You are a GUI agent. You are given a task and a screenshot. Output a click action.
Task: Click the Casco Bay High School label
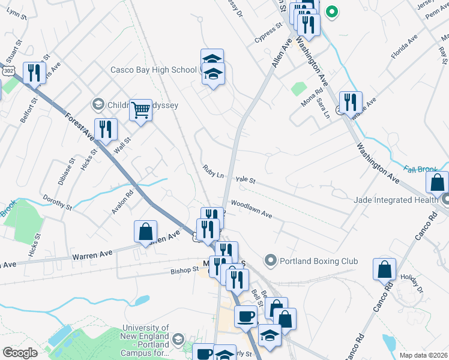(x=154, y=70)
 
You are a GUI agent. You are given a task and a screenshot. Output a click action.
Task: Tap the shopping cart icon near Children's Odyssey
(x=140, y=110)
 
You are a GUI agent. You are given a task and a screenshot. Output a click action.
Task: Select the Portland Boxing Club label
(x=318, y=261)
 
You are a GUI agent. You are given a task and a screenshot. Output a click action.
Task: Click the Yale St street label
(x=246, y=179)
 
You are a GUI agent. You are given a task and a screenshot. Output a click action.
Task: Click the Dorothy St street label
(x=57, y=202)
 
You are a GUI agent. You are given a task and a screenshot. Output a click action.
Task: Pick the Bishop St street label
(x=184, y=270)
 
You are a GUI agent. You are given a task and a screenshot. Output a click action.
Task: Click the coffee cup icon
(x=245, y=316)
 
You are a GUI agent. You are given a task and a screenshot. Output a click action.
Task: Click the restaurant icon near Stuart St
(x=34, y=73)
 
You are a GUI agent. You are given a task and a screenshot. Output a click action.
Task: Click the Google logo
(x=19, y=353)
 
